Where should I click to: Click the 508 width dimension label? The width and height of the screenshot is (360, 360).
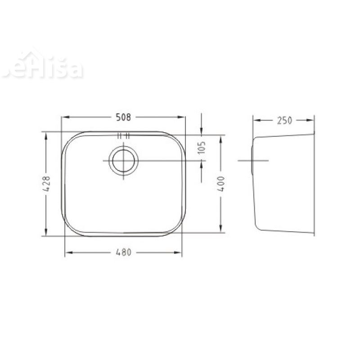[x=123, y=117]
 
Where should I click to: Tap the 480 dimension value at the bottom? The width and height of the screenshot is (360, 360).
[x=123, y=252]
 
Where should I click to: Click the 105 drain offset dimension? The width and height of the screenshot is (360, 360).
[x=202, y=147]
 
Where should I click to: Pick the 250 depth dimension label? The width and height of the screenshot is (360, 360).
[x=284, y=120]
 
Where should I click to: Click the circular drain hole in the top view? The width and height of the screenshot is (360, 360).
[x=123, y=161]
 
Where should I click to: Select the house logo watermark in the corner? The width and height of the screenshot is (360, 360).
[x=43, y=67]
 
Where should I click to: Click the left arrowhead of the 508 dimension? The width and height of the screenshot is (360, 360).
[x=64, y=117]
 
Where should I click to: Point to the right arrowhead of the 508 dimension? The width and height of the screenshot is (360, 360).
[x=182, y=117]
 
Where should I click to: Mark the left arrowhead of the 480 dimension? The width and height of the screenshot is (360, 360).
[x=68, y=252]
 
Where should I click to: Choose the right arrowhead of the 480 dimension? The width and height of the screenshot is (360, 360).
[x=179, y=252]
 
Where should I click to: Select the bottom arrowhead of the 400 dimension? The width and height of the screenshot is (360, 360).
[x=220, y=229]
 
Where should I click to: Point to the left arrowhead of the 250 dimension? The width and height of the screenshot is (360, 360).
[x=255, y=120]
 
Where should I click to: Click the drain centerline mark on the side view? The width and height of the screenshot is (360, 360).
[x=252, y=161]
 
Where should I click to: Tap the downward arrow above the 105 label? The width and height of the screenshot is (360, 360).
[x=201, y=130]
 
